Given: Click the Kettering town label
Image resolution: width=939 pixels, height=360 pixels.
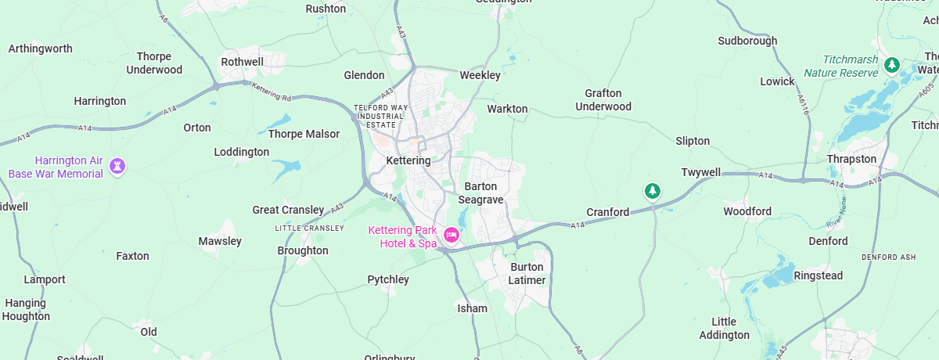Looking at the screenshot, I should (408, 160).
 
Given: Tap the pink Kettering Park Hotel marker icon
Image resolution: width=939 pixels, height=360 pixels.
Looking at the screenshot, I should (451, 234).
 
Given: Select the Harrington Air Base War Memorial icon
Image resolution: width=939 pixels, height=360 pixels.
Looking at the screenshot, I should (117, 166).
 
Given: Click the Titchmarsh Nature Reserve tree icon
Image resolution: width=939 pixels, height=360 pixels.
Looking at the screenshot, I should (890, 65).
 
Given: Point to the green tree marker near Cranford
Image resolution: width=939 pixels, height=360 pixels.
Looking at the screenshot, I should (652, 190).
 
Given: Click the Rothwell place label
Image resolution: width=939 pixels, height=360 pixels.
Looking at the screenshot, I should (243, 61).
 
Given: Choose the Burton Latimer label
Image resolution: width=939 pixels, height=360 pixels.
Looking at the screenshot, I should (526, 273).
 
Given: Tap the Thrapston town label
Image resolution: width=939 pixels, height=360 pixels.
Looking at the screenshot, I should (851, 159).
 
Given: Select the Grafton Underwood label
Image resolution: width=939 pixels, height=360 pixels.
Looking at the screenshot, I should (603, 99).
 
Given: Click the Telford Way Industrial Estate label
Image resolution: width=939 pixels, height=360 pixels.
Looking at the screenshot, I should (381, 116).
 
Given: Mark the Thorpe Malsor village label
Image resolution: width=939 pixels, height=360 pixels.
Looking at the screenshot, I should (304, 134).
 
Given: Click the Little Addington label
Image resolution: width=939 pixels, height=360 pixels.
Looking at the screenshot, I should (724, 329).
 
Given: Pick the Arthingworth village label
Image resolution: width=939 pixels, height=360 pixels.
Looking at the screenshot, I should (40, 49).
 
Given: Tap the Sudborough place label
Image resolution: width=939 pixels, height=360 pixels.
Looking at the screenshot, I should (747, 41).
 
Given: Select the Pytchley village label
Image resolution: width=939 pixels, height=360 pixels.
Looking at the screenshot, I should (388, 279).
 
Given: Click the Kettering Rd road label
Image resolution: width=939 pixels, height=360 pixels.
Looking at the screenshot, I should (271, 91).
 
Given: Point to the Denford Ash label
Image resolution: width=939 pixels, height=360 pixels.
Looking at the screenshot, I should (888, 257).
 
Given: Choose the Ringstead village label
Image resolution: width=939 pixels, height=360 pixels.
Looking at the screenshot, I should (818, 275).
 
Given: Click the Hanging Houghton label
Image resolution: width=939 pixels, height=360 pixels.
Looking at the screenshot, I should (26, 310).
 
